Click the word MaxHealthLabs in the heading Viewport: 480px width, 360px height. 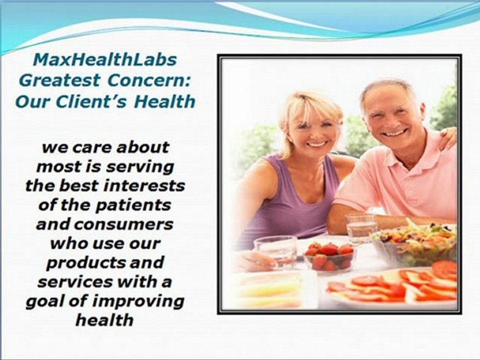coord(104,59)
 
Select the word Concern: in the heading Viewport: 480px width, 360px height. coord(149,80)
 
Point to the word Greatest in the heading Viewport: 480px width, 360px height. coord(59,80)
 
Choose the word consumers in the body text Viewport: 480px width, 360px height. coord(123,224)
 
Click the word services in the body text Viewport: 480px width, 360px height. coord(74,282)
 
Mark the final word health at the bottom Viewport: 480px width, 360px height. coord(104,320)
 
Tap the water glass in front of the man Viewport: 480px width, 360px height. coord(361,228)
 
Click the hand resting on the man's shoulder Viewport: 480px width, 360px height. coord(447,138)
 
